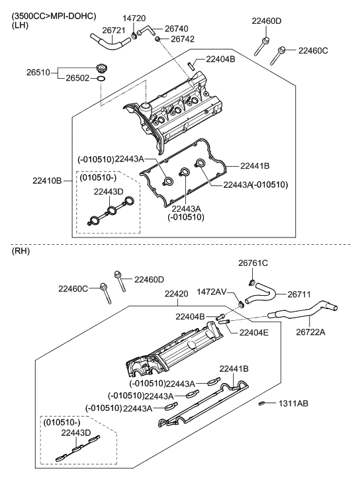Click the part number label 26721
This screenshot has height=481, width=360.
(x=114, y=30)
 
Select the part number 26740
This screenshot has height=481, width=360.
(x=177, y=29)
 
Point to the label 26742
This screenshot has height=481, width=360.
(x=183, y=40)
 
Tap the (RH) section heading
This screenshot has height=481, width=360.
(x=21, y=253)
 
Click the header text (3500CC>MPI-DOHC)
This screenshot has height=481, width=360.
(x=54, y=15)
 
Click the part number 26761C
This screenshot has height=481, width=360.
(x=253, y=263)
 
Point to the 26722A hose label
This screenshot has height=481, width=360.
(x=311, y=332)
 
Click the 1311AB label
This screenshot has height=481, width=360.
(x=293, y=403)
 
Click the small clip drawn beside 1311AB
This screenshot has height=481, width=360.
(x=262, y=403)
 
